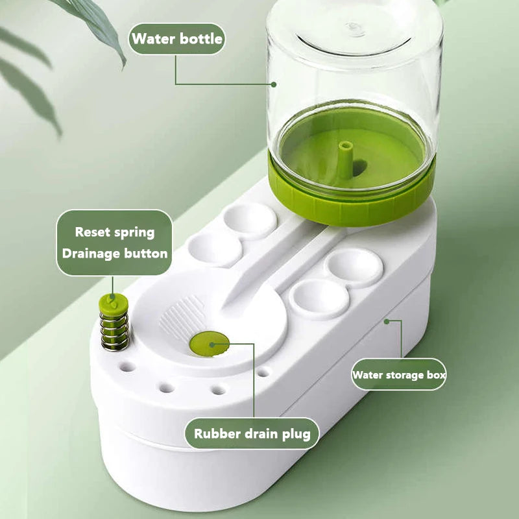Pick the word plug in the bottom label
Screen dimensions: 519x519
tap(296, 434)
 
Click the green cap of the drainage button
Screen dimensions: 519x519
tap(113, 304)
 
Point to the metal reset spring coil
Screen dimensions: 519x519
tap(115, 331)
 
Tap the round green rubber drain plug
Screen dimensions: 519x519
tap(210, 344)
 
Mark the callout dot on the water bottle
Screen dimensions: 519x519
tap(273, 84)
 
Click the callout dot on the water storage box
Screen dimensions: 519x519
tap(386, 321)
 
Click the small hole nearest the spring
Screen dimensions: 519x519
tap(127, 367)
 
